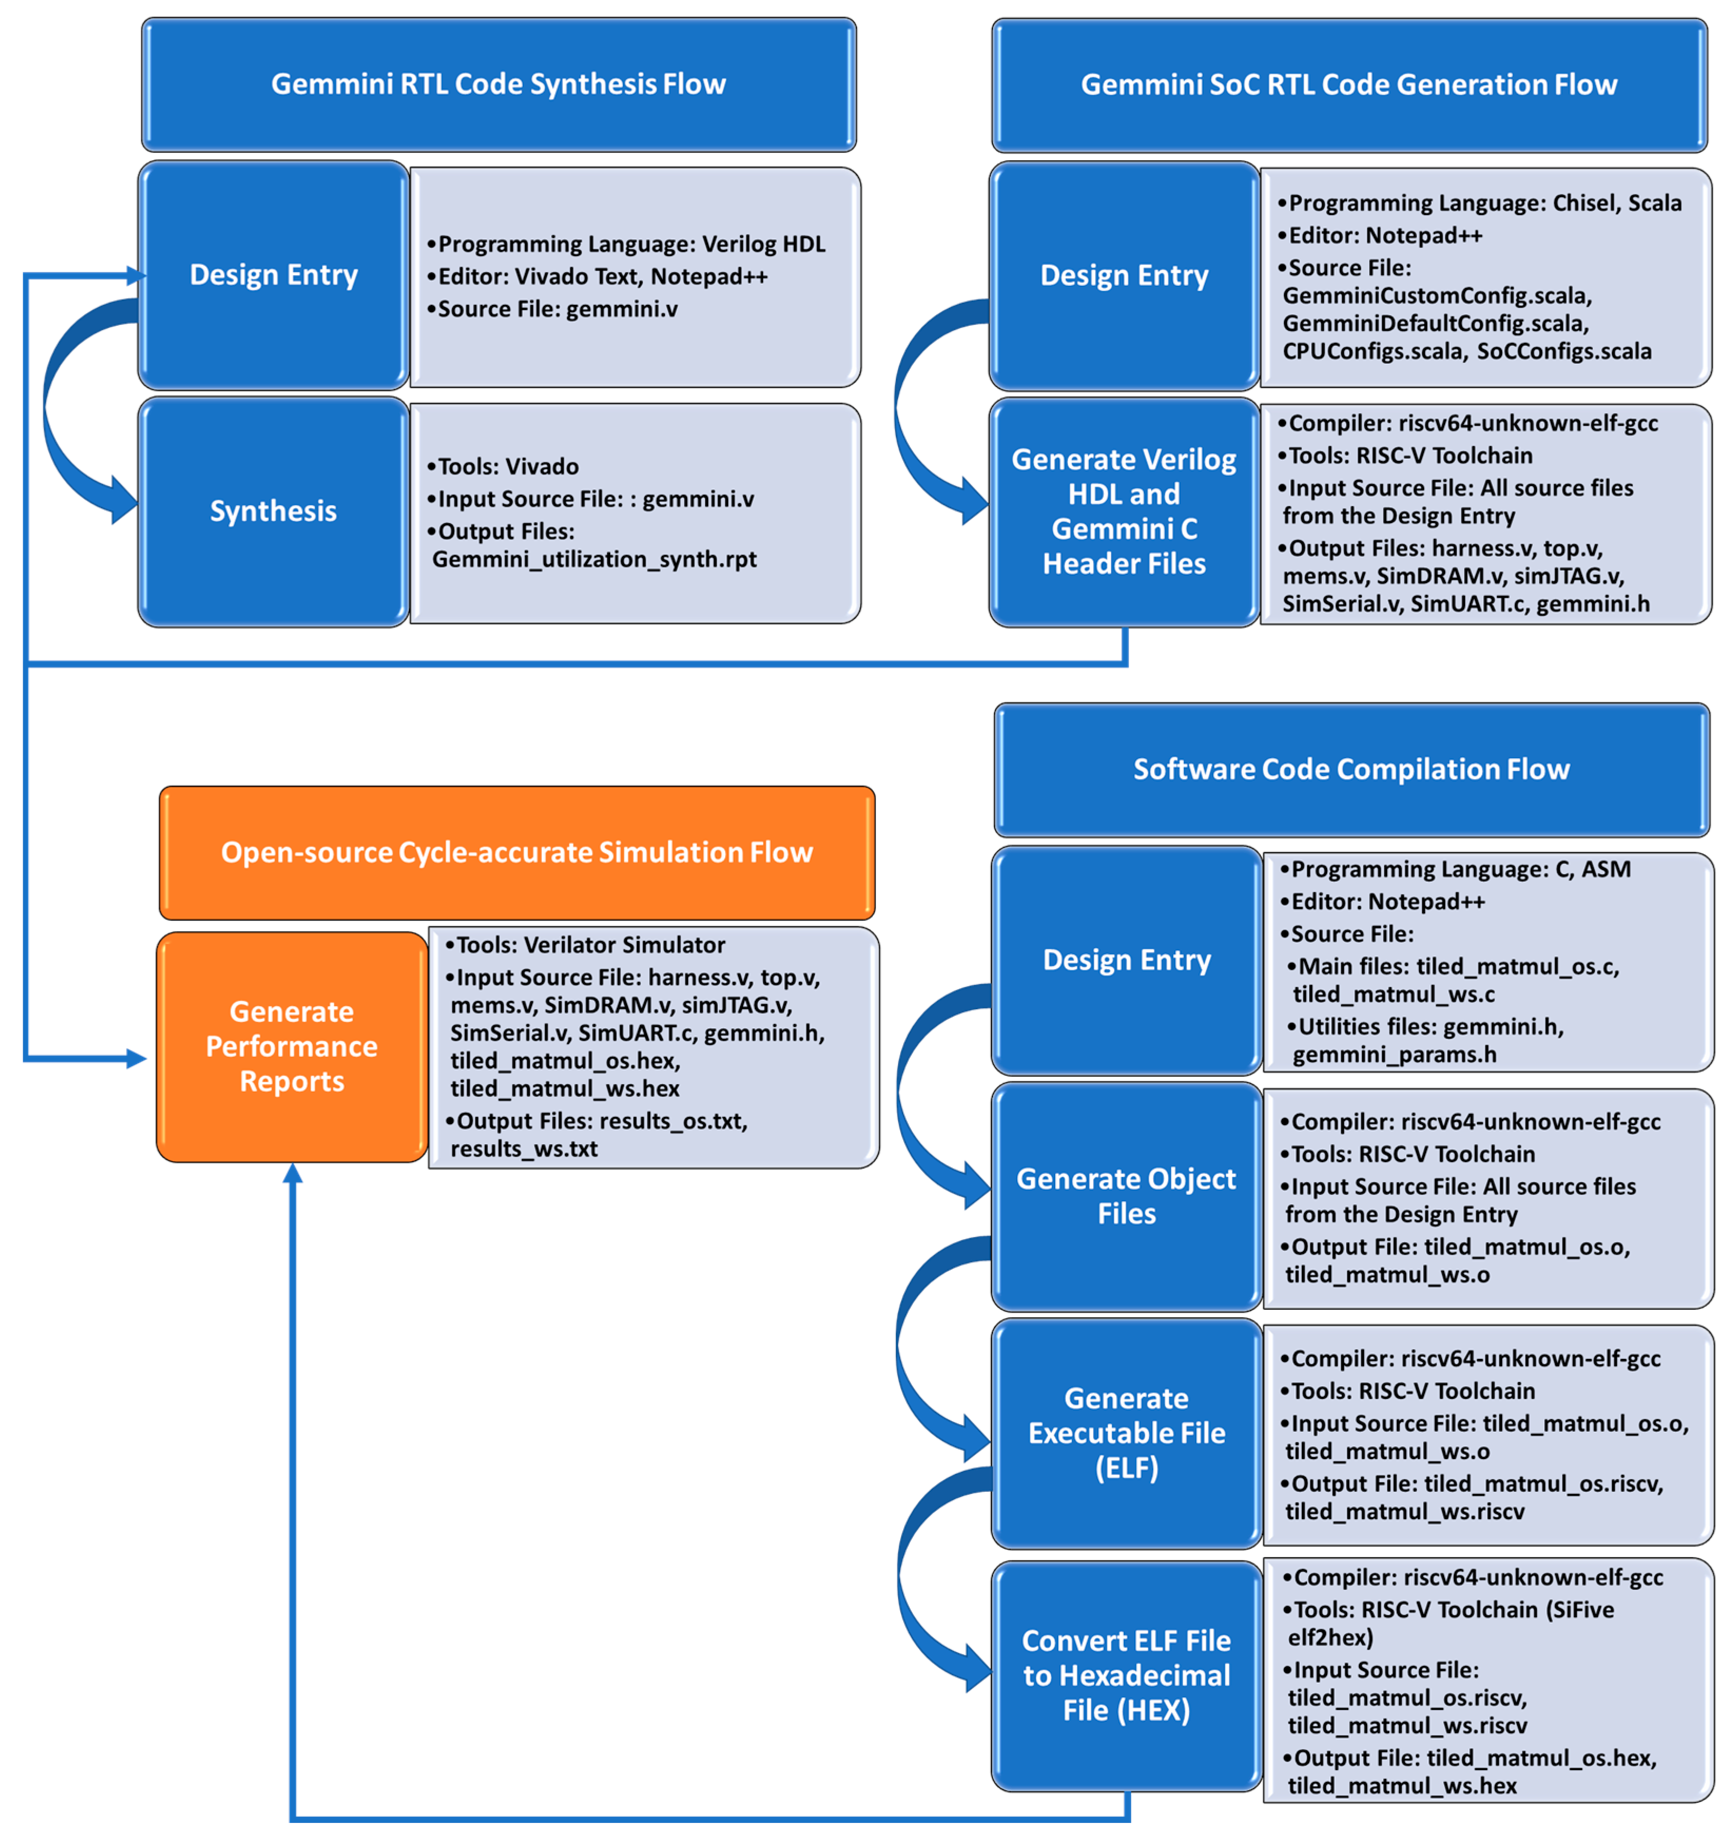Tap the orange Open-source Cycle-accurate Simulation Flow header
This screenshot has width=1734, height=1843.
[x=516, y=852]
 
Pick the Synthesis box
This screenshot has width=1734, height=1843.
[x=274, y=511]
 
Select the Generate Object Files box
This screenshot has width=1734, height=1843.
[x=1126, y=1196]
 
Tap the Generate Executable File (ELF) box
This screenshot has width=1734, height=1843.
[x=1126, y=1432]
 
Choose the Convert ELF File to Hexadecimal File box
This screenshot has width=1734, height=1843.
[x=1126, y=1675]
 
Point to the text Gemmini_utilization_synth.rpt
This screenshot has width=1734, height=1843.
[x=594, y=559]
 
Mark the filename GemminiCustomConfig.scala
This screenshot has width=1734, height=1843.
[x=1437, y=296]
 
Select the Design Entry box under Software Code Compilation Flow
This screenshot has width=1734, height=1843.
[x=1126, y=960]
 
